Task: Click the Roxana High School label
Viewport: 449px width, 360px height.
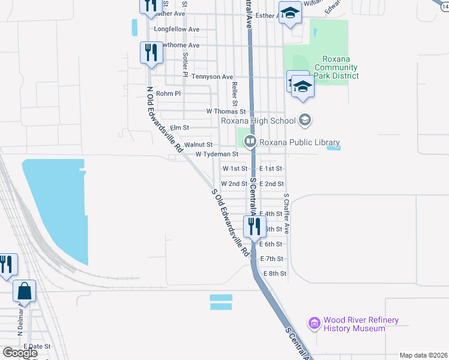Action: [x=258, y=121]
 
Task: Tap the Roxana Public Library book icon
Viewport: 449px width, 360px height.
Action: [x=250, y=142]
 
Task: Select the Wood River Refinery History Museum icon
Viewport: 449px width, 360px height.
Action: [x=314, y=324]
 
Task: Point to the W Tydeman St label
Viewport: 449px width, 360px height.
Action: [x=218, y=154]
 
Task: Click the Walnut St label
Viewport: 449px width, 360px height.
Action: [x=199, y=145]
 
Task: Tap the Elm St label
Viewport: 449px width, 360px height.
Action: [x=179, y=128]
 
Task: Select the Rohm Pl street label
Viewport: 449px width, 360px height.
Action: [x=168, y=94]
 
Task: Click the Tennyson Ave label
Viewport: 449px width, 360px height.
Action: [x=212, y=77]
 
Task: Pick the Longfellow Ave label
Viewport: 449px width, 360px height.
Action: [x=176, y=29]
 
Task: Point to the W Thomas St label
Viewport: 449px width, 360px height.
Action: [x=226, y=112]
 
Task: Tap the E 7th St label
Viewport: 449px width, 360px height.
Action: [x=272, y=259]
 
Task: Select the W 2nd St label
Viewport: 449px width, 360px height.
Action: [x=234, y=184]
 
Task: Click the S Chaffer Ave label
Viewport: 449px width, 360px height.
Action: [x=286, y=214]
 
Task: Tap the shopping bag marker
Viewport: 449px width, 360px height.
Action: [x=25, y=291]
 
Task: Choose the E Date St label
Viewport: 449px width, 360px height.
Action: [x=37, y=347]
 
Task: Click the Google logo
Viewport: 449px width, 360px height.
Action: [x=20, y=353]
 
